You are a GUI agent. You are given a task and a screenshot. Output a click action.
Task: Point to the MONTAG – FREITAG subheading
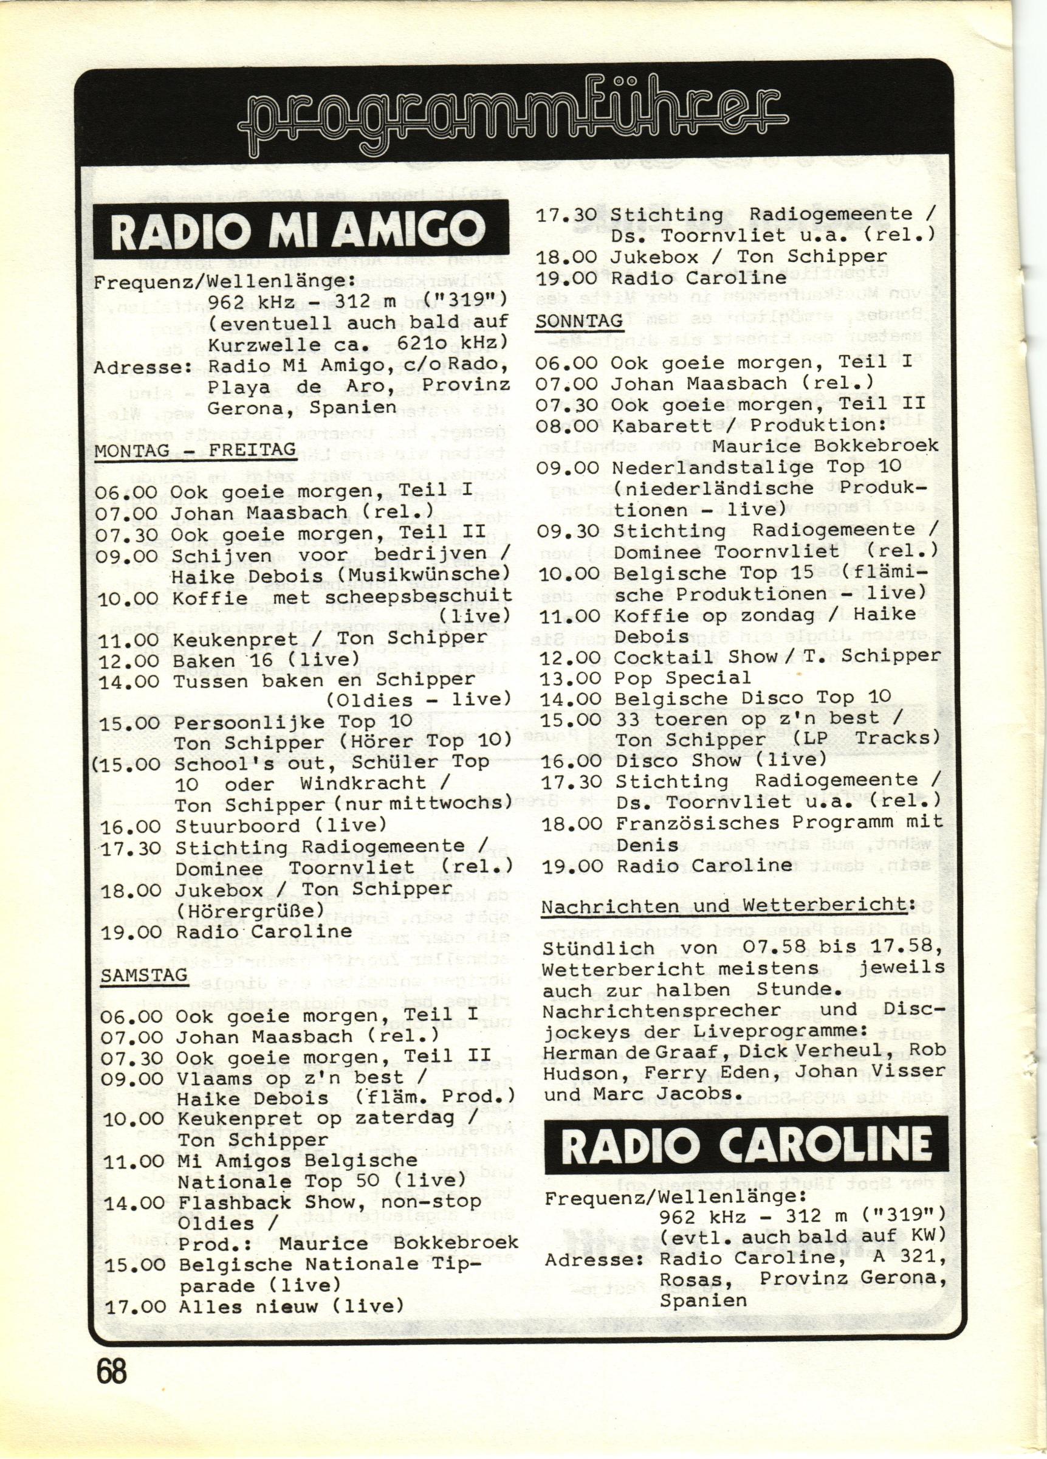(x=196, y=450)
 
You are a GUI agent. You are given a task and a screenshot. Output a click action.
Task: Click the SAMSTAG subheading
(x=144, y=975)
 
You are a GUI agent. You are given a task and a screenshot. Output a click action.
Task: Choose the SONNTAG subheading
(x=580, y=321)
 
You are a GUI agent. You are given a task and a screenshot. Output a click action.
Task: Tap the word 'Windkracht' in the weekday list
(x=363, y=784)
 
